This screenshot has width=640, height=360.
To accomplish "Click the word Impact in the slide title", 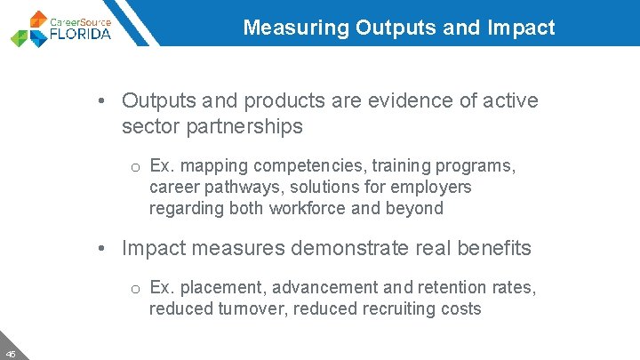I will (522, 28).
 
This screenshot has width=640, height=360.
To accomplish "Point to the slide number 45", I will (11, 351).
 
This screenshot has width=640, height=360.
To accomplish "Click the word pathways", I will (246, 188).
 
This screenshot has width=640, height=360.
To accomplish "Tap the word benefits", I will (494, 248).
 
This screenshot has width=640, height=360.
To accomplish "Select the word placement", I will (225, 288).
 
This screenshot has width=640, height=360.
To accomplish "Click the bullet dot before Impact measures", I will (104, 248).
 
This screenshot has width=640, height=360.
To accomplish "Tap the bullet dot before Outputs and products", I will (104, 100).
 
